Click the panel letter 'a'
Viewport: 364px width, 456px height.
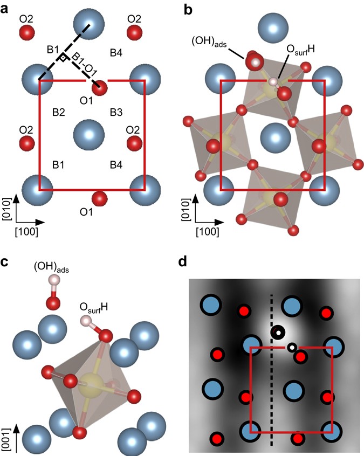click(x=8, y=9)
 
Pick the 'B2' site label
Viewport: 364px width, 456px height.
click(x=58, y=112)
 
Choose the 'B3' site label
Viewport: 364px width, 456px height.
click(x=116, y=112)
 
